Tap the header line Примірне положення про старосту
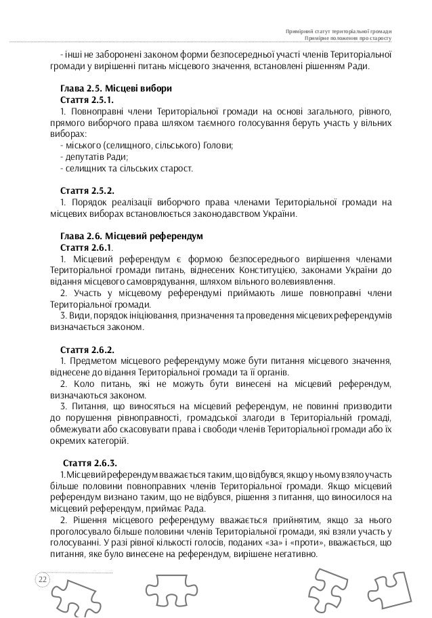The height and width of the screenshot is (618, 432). [349, 39]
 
